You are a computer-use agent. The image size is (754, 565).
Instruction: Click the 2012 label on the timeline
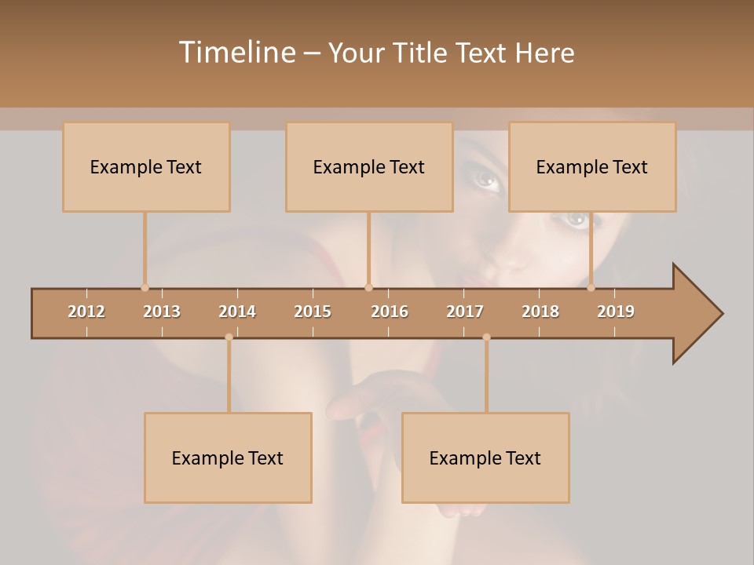tap(86, 312)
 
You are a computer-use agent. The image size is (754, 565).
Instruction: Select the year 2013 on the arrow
tap(162, 312)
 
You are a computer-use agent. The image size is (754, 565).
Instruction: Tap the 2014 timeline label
tap(237, 312)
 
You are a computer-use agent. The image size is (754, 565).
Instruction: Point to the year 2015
tap(313, 312)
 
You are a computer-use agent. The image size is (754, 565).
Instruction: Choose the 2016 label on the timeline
tap(390, 312)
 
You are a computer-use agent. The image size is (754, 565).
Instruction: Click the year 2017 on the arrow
tap(465, 312)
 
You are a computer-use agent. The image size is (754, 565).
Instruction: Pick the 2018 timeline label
tap(540, 312)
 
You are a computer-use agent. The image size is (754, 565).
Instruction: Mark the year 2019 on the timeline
tap(616, 312)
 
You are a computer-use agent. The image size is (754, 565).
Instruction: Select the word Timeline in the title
tap(236, 53)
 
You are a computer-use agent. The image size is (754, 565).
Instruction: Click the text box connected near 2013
tap(146, 167)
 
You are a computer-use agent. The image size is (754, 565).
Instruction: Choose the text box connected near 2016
tap(369, 167)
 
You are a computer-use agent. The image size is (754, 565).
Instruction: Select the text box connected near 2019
tap(592, 167)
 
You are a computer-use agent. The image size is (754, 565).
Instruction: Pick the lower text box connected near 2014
tap(228, 458)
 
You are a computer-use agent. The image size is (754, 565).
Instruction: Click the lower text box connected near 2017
tap(485, 458)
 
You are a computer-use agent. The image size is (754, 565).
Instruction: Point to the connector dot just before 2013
tap(145, 287)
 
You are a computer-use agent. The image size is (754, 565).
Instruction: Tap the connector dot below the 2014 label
tap(229, 337)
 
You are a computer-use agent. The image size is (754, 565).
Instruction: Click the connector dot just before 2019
tap(591, 287)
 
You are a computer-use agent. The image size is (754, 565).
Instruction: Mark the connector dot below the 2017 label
tap(486, 337)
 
